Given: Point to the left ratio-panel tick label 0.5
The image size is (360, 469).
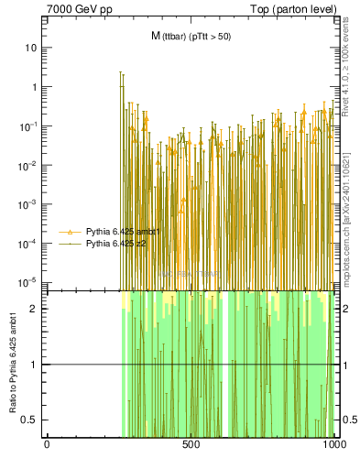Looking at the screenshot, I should (29, 420).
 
